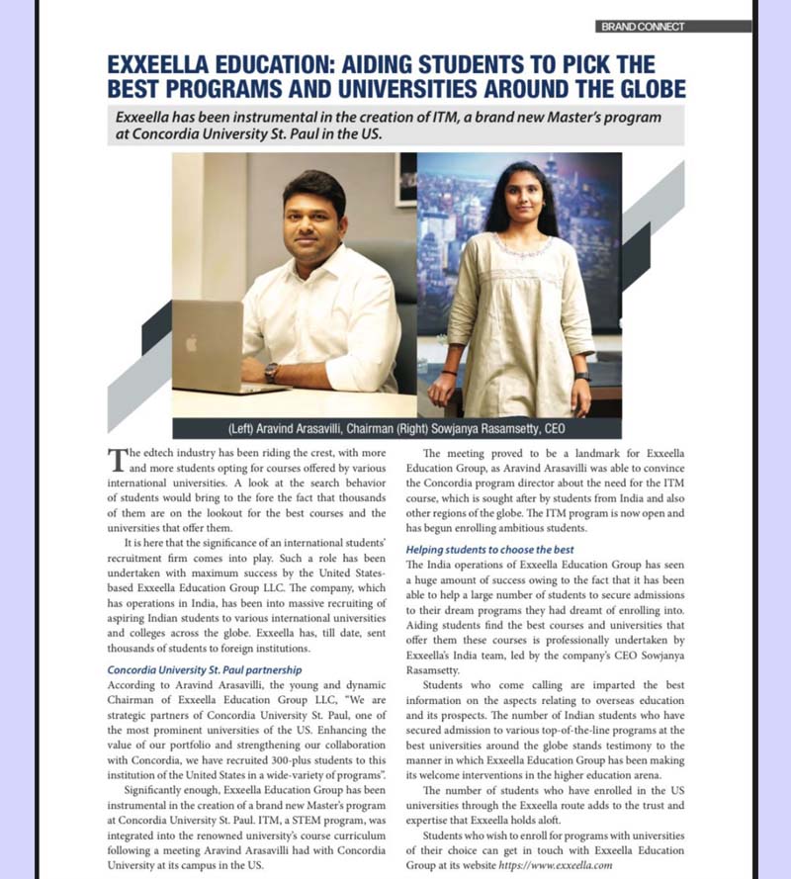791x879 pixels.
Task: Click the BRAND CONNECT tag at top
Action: [x=642, y=27]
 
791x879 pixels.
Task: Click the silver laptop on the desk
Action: [x=220, y=346]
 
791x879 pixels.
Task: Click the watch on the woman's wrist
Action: [x=582, y=376]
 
